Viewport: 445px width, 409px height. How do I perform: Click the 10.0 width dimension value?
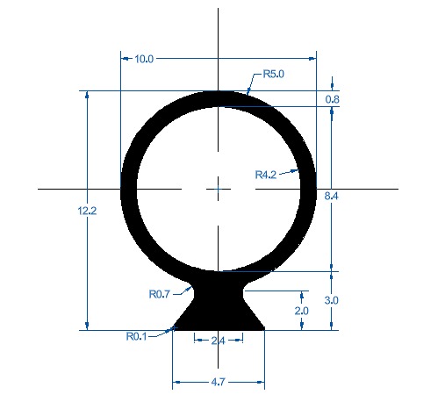point(145,59)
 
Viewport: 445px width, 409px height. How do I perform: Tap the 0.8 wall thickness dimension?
point(333,100)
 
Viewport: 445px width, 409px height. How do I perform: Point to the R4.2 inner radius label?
point(266,175)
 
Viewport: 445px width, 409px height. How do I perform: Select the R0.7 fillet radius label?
point(159,294)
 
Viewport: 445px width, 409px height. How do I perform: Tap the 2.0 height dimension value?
point(302,311)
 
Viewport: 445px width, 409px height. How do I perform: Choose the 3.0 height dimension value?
point(332,300)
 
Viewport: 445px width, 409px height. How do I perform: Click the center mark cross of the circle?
point(218,187)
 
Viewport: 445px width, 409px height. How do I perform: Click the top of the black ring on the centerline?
point(218,98)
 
